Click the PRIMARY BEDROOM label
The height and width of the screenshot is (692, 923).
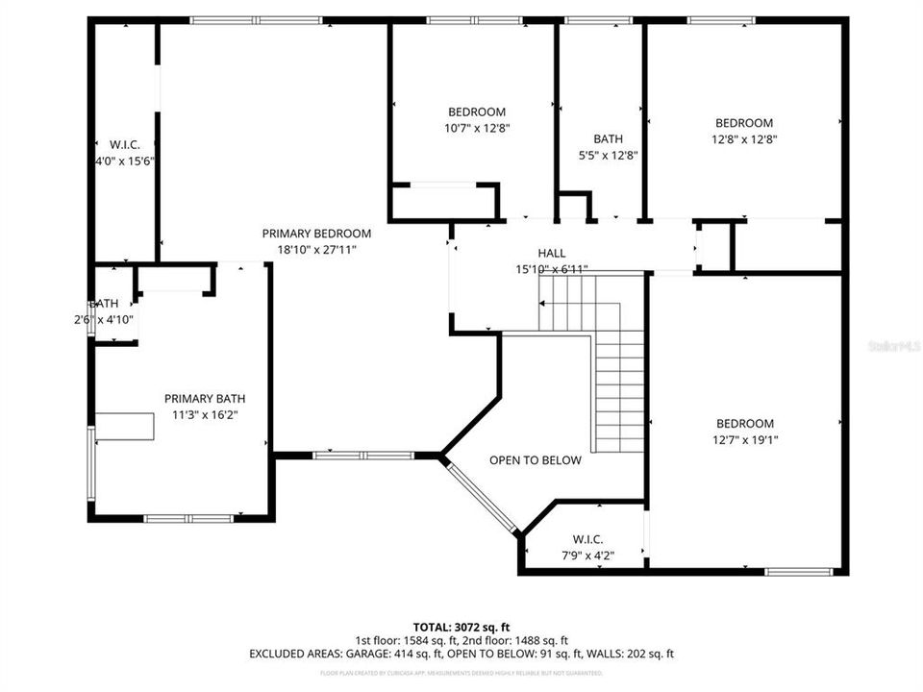[x=316, y=234]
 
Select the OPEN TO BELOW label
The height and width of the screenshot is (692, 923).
[x=536, y=460]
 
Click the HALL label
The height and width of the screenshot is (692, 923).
[x=551, y=254]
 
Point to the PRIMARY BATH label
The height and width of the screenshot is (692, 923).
[x=205, y=399]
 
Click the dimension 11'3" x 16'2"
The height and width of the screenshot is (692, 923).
[x=205, y=415]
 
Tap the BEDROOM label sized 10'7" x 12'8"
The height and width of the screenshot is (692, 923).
[x=476, y=111]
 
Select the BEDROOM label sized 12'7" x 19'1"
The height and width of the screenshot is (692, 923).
[x=745, y=424]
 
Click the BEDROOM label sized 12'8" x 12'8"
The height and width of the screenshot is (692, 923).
[x=744, y=123]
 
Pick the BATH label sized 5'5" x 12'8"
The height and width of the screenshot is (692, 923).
[x=608, y=138]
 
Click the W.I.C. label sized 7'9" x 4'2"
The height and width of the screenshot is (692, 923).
[x=587, y=539]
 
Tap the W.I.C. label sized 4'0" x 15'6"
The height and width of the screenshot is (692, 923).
[x=125, y=145]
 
